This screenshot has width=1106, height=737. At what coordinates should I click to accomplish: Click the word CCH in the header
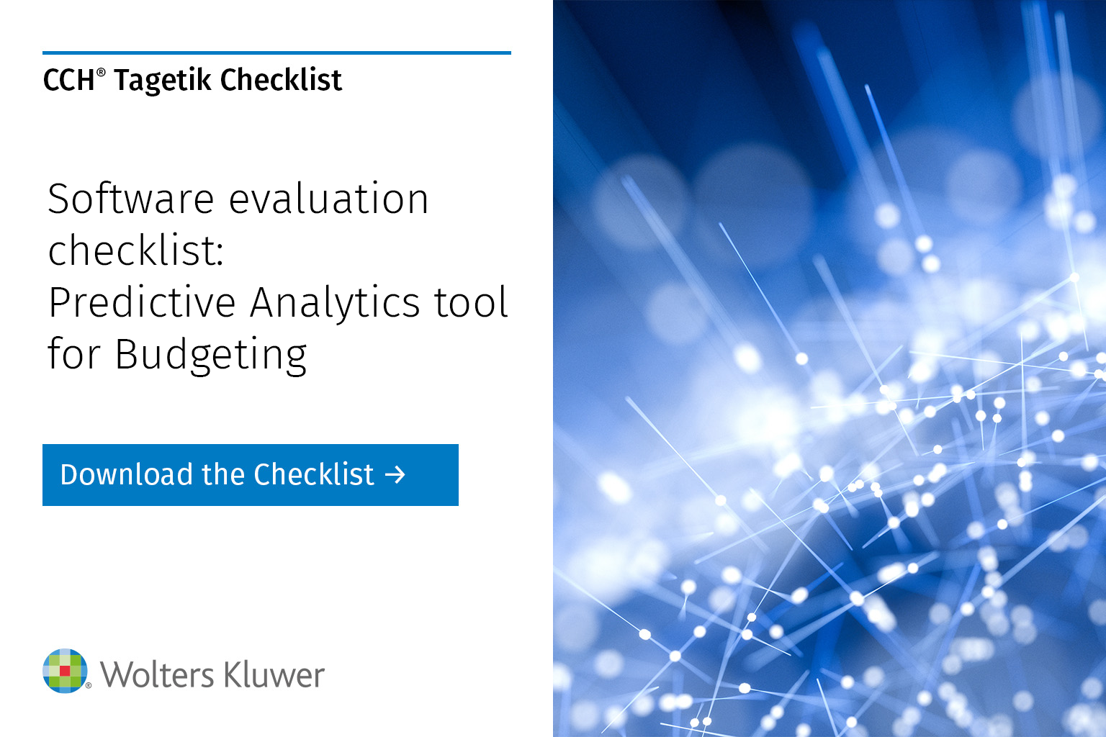(x=68, y=81)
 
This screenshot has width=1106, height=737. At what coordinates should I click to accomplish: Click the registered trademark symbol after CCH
(x=101, y=72)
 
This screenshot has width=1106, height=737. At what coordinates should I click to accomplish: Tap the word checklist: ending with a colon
(x=136, y=250)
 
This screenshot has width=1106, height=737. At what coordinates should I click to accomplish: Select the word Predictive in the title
(x=142, y=302)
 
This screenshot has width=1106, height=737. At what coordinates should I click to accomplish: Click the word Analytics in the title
(x=332, y=302)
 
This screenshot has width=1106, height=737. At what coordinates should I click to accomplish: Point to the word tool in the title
(x=471, y=302)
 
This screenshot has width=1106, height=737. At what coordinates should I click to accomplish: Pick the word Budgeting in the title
(x=211, y=355)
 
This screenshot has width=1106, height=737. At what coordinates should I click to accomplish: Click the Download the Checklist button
(x=250, y=475)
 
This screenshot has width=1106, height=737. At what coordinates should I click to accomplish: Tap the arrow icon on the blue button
(x=395, y=475)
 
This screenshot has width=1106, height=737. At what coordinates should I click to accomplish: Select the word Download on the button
(x=127, y=475)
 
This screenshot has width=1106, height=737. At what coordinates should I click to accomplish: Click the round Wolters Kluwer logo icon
(x=65, y=671)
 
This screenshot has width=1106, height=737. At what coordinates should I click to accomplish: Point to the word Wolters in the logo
(x=157, y=675)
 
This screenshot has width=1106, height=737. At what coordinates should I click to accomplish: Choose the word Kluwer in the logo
(x=274, y=675)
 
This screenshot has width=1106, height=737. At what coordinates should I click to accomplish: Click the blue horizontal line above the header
(x=276, y=53)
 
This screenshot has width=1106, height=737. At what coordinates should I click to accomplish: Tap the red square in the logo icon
(x=65, y=671)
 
